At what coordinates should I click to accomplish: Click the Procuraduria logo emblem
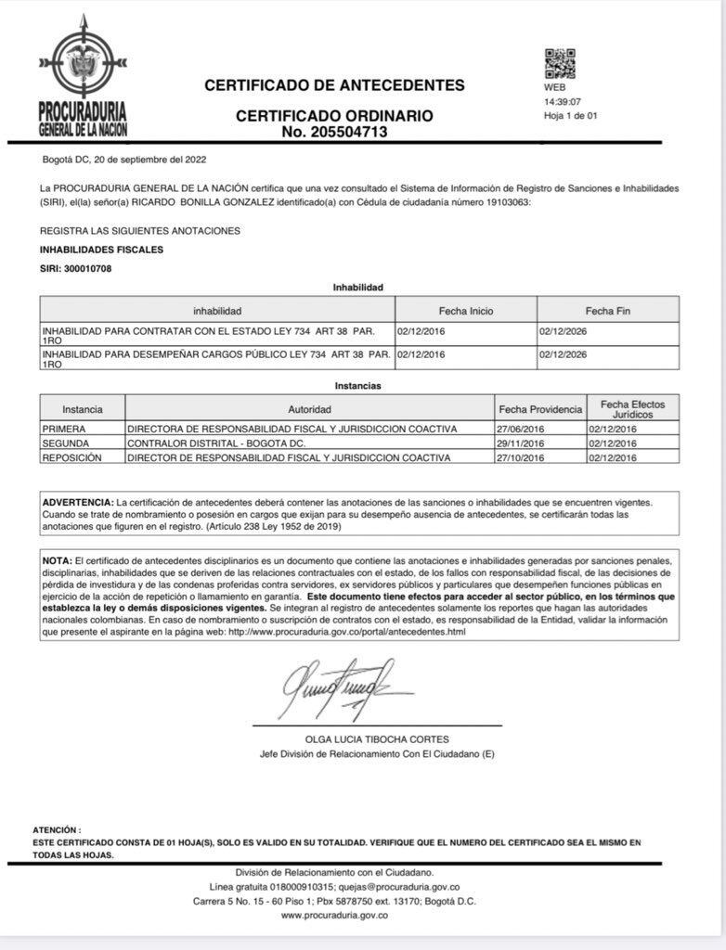(83, 63)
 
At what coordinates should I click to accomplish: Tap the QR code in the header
(560, 63)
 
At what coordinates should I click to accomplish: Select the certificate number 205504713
(334, 132)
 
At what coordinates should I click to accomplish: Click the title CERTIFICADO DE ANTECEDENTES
(334, 85)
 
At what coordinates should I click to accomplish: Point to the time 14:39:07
(563, 102)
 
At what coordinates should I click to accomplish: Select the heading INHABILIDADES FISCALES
(101, 250)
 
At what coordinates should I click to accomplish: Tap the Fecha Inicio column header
(466, 311)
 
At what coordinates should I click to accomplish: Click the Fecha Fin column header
(607, 311)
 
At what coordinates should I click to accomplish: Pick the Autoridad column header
(310, 408)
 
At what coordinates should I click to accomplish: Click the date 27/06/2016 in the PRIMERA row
(519, 430)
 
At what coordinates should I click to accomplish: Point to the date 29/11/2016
(519, 443)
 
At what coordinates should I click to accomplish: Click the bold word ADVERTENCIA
(79, 502)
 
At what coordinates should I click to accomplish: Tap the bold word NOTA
(57, 561)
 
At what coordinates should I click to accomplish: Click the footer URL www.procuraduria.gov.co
(334, 915)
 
